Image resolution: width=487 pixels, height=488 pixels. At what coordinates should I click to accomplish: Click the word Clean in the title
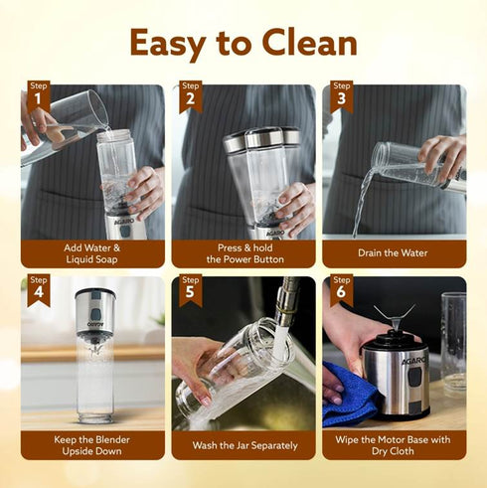pos(312,43)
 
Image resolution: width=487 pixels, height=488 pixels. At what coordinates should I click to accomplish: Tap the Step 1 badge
pos(39,93)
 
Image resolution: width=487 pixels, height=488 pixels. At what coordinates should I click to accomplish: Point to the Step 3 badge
pos(342,93)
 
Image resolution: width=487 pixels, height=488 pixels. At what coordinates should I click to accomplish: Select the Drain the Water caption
pos(395,252)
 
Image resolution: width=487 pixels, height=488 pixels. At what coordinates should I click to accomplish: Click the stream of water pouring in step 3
pos(361,199)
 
